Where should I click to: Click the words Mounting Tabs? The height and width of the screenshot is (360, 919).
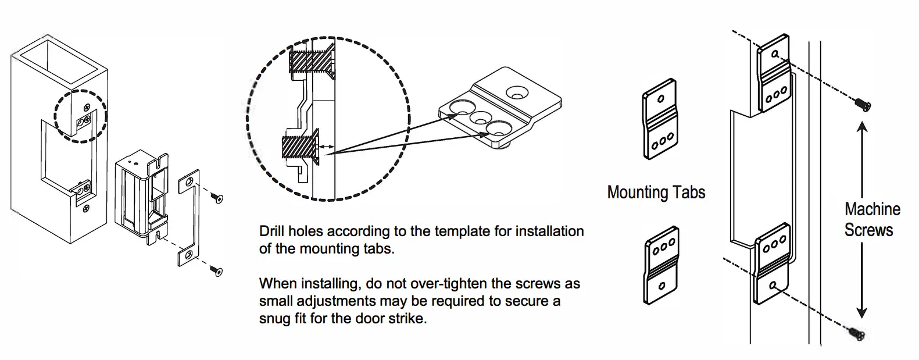click(x=656, y=193)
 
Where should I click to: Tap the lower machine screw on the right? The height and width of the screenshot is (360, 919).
click(x=855, y=333)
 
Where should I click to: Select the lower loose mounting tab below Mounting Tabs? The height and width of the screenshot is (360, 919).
click(x=661, y=265)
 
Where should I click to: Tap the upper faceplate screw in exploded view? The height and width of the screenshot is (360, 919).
click(x=218, y=198)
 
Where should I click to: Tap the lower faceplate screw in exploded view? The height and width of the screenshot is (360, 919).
click(x=217, y=270)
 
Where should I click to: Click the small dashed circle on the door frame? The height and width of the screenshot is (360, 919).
click(x=80, y=116)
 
